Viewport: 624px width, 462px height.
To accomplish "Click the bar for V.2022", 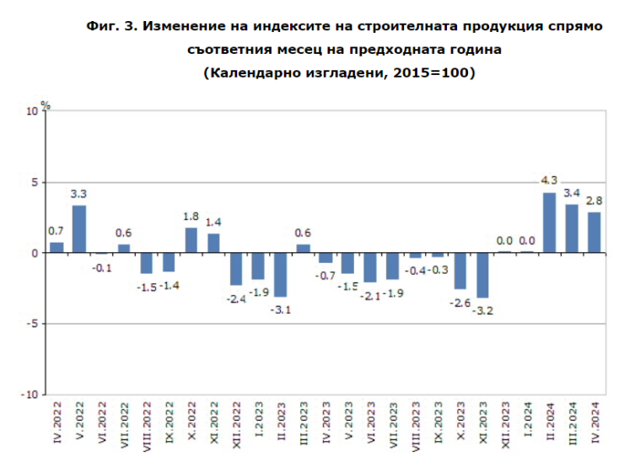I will tap(79, 229).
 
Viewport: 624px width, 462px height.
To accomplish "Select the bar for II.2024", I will tap(549, 223).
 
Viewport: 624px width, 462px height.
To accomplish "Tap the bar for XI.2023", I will tap(481, 275).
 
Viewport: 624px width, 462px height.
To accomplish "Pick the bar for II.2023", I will tap(281, 274).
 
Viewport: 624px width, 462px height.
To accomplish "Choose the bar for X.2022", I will tap(191, 240).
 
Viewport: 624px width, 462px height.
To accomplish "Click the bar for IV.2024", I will tap(594, 233).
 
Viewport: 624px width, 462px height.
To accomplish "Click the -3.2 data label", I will tap(482, 310).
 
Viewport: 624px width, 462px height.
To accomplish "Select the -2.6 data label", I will tap(460, 302).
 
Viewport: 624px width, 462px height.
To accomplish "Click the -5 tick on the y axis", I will tap(31, 324).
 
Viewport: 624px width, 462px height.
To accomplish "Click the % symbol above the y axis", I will tap(46, 105).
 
